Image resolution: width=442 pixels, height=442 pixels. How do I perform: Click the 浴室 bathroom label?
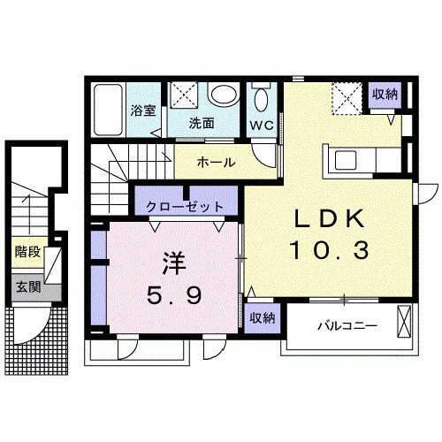point(143,110)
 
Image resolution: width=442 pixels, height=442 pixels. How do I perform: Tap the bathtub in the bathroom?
point(108,110)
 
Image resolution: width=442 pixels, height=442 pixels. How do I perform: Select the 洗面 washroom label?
point(202,123)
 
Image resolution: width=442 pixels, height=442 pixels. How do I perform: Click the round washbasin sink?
point(224,95)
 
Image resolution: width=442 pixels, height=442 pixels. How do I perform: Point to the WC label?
point(262,126)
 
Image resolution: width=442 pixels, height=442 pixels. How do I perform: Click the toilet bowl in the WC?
point(261,100)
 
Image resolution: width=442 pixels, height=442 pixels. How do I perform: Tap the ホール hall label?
point(217,162)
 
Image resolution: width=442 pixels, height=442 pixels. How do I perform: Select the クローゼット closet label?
point(185,207)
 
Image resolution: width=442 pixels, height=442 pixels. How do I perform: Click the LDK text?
point(329,219)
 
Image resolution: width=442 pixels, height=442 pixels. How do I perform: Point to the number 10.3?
point(330,250)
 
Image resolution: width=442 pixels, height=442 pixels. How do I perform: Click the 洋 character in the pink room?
point(174,263)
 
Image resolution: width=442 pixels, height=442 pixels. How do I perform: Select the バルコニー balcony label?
point(347,326)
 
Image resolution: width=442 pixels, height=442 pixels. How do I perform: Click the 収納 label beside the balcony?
point(263,318)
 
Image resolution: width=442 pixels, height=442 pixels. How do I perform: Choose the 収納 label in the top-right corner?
point(385,94)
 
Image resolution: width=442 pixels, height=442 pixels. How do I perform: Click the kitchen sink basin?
point(346,160)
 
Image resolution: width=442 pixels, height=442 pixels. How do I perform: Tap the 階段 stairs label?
point(27,252)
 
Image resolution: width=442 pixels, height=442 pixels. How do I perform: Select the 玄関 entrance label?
point(28,286)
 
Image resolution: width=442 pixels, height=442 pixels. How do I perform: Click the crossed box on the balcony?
point(404,323)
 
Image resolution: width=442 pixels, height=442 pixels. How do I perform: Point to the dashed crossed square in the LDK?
point(347,98)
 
